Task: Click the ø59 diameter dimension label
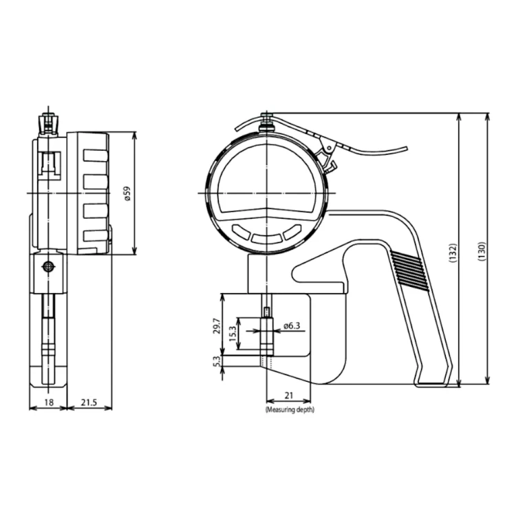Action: click(127, 194)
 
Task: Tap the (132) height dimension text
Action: click(453, 252)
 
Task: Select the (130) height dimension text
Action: click(482, 252)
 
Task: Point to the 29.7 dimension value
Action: click(217, 326)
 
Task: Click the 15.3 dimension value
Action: click(233, 334)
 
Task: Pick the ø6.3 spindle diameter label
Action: click(292, 326)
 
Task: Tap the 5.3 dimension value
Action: click(217, 362)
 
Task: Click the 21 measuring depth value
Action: click(288, 395)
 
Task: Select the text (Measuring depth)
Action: click(290, 410)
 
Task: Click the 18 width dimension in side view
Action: click(49, 402)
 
